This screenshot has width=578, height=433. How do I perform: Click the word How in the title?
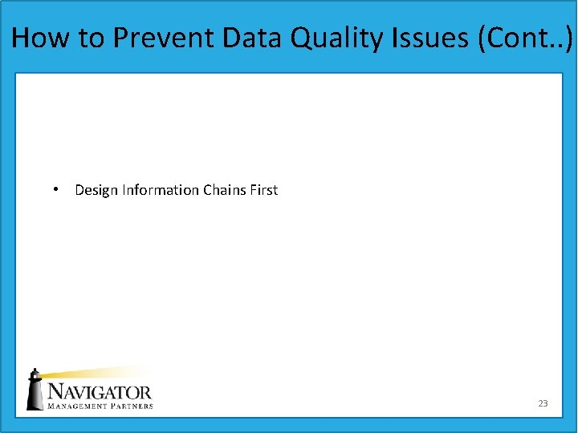39,38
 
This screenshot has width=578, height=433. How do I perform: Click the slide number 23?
543,403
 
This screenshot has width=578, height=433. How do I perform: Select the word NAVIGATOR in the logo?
100,392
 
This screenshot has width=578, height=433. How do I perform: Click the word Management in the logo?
79,406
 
